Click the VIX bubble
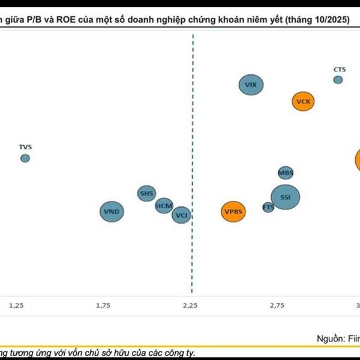pyautogui.click(x=251, y=85)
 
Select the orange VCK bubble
pyautogui.click(x=304, y=101)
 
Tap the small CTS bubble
pyautogui.click(x=338, y=79)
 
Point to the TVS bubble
pyautogui.click(x=25, y=158)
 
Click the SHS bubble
pyautogui.click(x=146, y=193)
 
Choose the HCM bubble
pyautogui.click(x=164, y=206)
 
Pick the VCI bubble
pyautogui.click(x=181, y=214)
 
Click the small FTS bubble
pyautogui.click(x=268, y=208)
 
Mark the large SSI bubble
pyautogui.click(x=285, y=197)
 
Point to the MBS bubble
pyautogui.click(x=286, y=173)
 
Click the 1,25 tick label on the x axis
pyautogui.click(x=16, y=305)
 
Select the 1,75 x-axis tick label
pyautogui.click(x=103, y=305)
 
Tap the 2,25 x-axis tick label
pyautogui.click(x=190, y=305)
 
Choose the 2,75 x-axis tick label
pyautogui.click(x=277, y=305)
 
